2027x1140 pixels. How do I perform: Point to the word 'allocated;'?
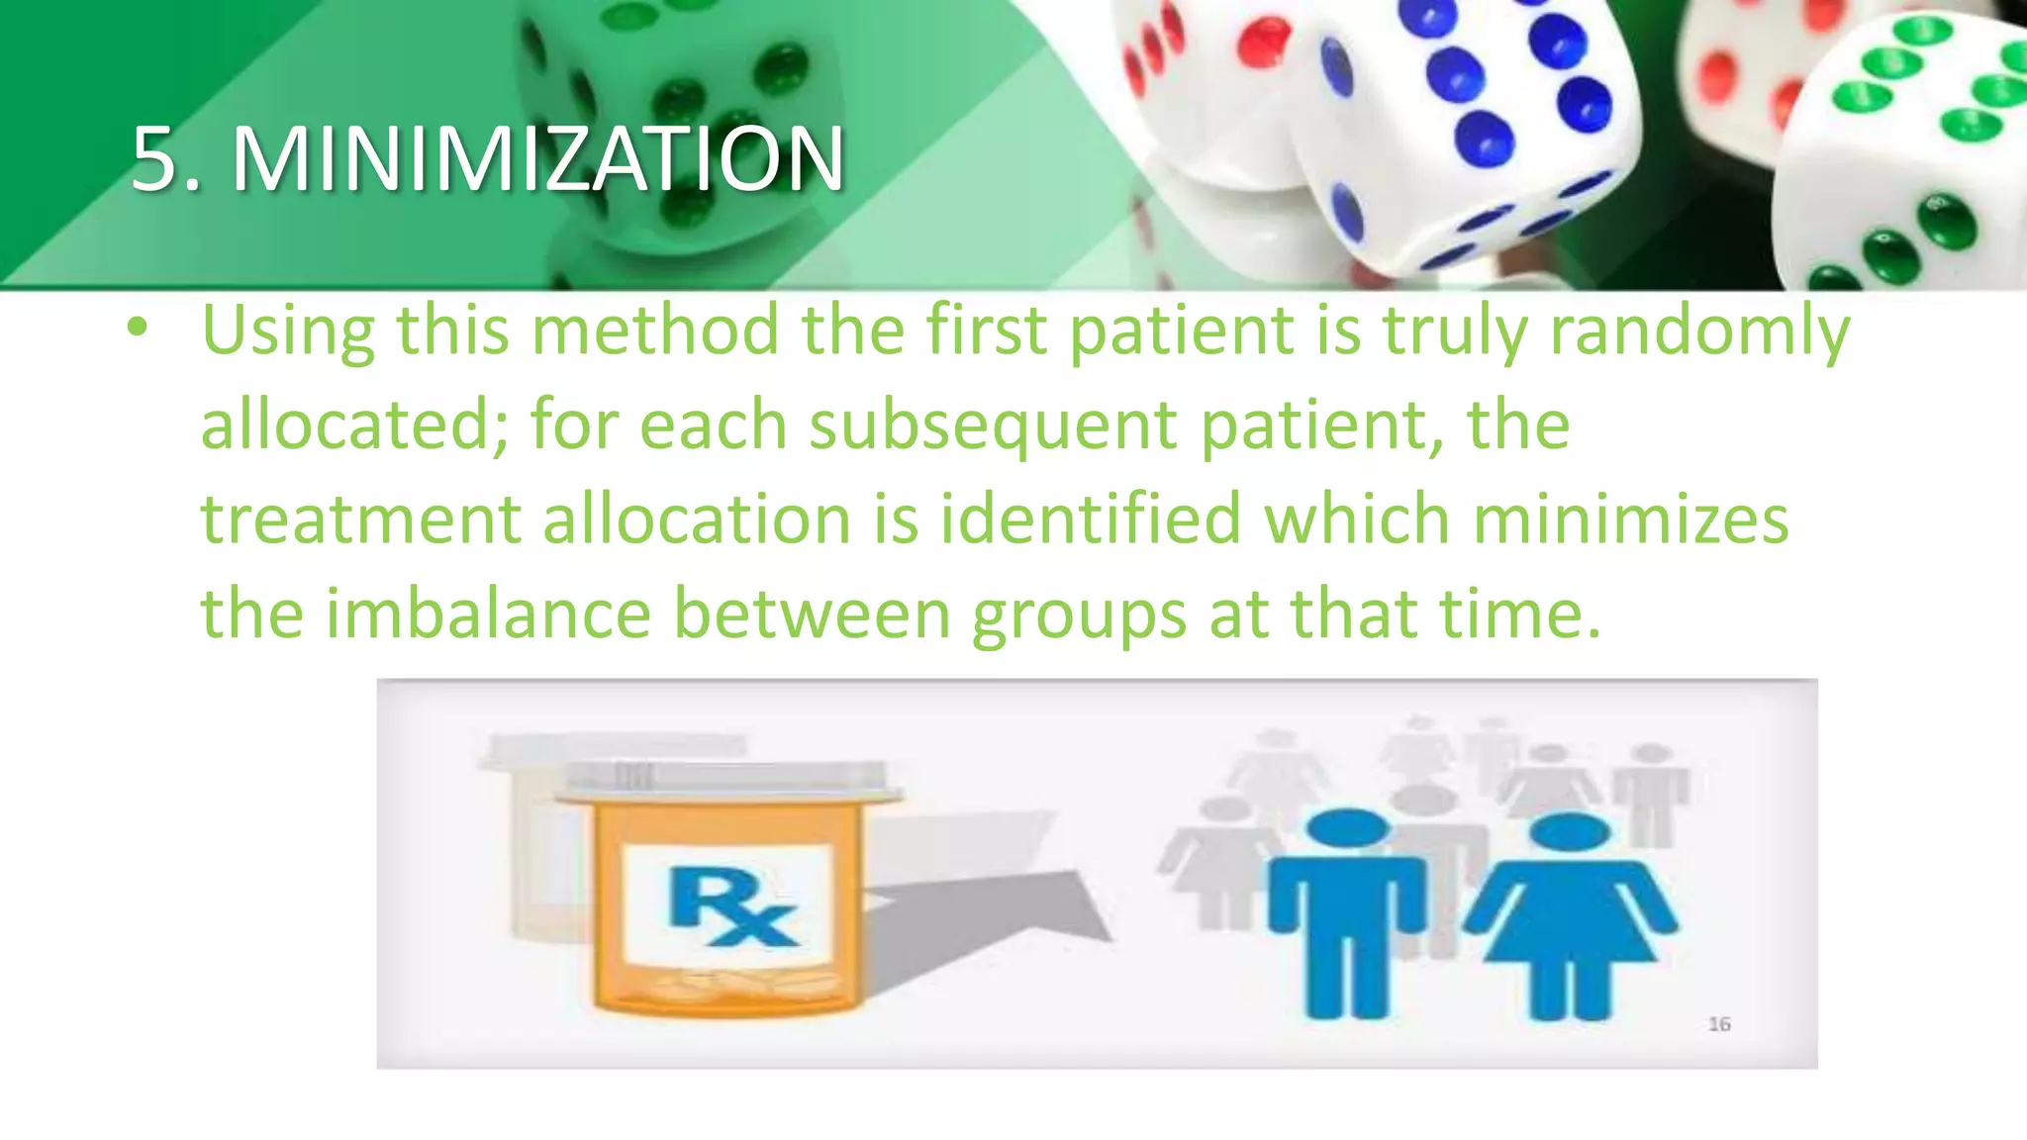(354, 425)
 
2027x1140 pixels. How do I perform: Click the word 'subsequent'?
(993, 425)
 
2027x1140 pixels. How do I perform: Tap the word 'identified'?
(1090, 519)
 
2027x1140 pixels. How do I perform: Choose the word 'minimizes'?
(1630, 519)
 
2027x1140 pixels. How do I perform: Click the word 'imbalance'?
(488, 614)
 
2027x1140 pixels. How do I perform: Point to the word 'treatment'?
(360, 519)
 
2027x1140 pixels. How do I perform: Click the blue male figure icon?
(1346, 910)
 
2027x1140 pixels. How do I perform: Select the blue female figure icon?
(1569, 910)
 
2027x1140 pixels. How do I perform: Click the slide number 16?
(1719, 1024)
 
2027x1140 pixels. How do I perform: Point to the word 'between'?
(812, 614)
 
